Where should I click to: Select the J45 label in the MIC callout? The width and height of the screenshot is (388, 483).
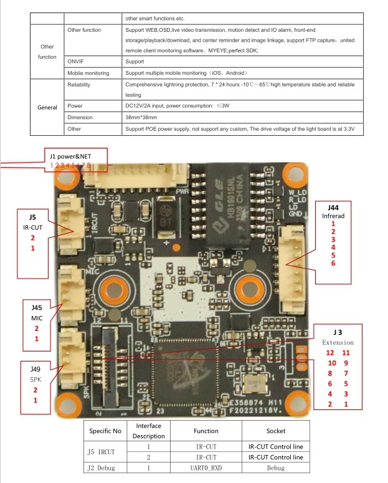point(36,308)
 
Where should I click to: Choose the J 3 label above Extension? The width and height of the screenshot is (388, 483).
point(338,332)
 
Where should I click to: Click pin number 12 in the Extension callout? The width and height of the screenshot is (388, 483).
point(330,353)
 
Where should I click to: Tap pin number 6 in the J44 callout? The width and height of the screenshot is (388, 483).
point(333,264)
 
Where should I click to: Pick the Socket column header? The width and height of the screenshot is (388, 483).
point(275,431)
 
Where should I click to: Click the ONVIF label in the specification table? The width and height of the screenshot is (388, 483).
point(75,62)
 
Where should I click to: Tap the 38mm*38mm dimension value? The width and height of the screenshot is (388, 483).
point(141,117)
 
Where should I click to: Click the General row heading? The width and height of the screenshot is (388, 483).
point(47,107)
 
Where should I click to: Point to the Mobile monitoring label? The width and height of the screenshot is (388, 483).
point(88,73)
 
